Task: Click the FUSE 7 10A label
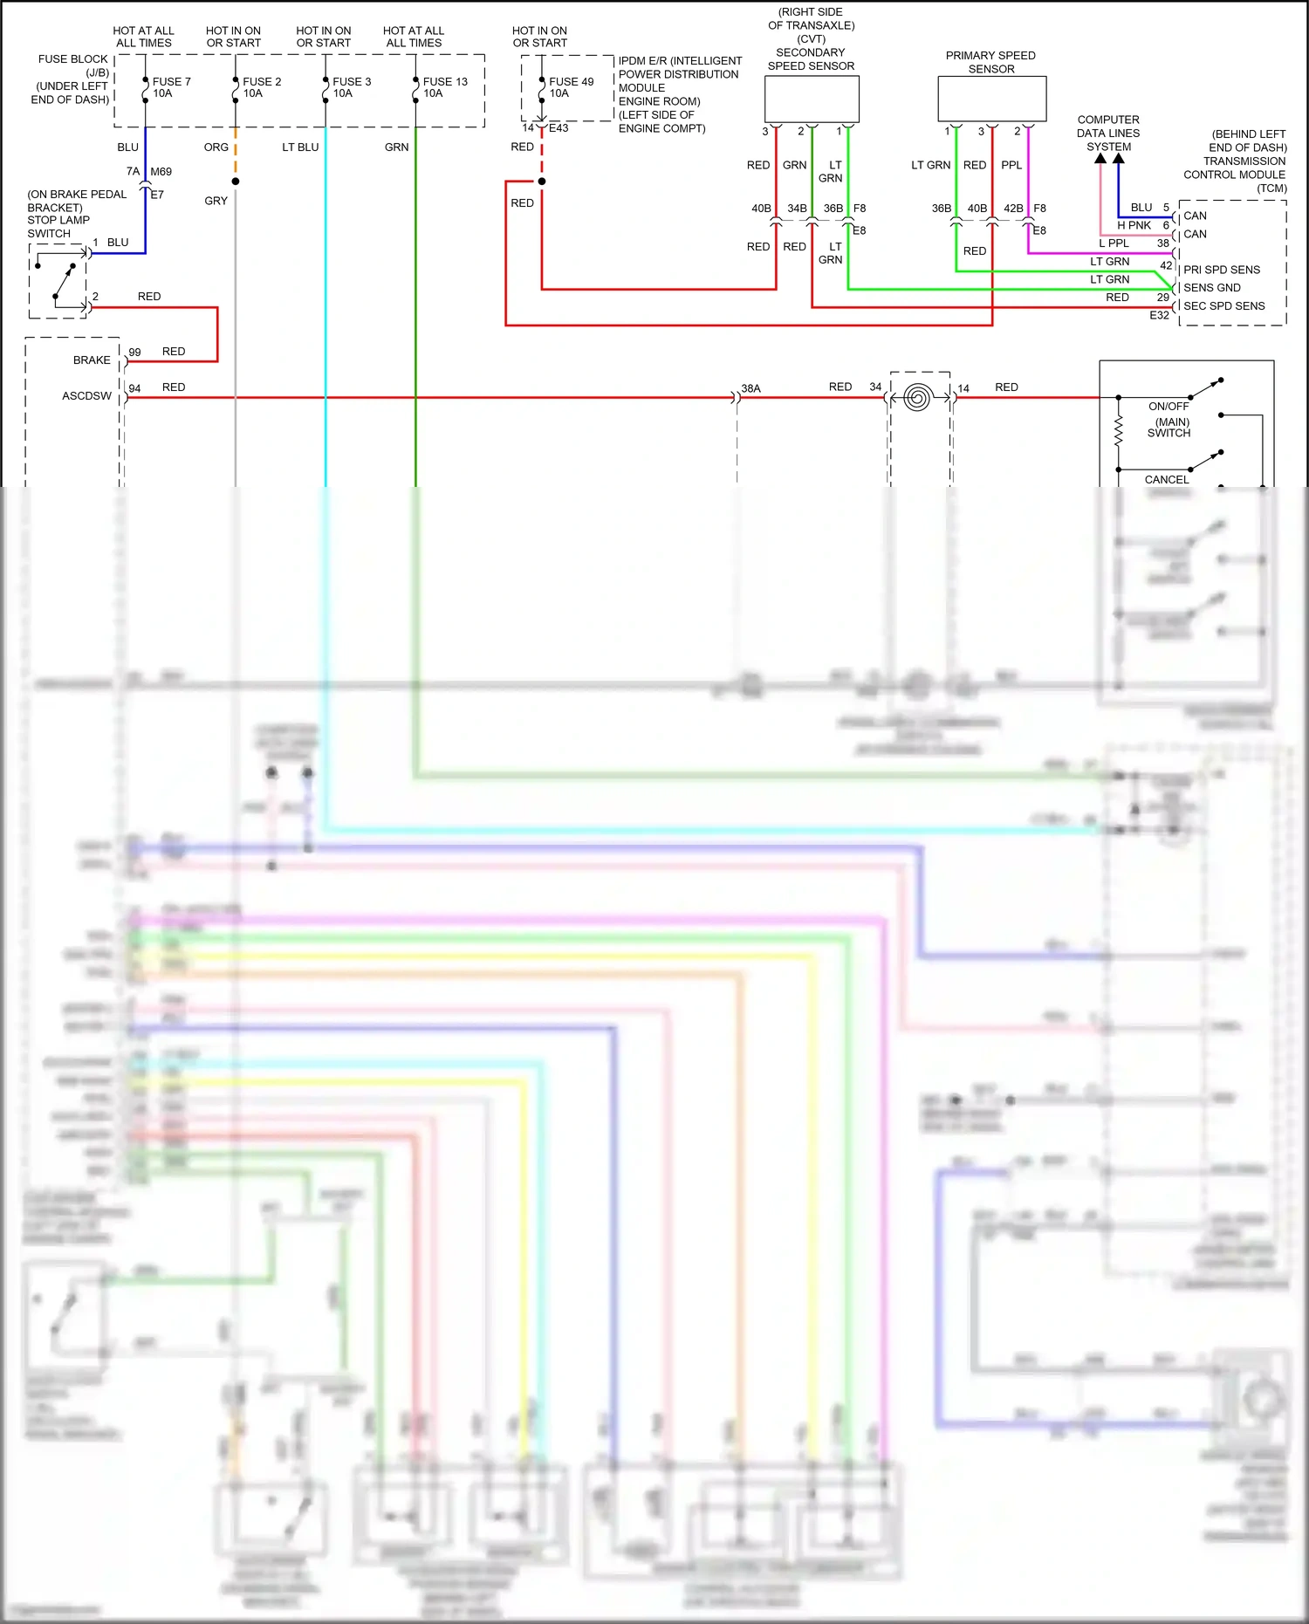[171, 87]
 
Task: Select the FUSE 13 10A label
[445, 87]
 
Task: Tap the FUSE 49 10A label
[571, 87]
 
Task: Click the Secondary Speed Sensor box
[812, 99]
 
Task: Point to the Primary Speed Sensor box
[991, 99]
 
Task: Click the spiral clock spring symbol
[916, 398]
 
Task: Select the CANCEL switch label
[1167, 480]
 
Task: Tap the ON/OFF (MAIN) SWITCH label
[1169, 420]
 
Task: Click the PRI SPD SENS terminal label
[1221, 270]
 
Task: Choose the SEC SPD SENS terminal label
[1223, 306]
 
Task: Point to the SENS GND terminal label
[1211, 288]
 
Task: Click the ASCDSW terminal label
[86, 396]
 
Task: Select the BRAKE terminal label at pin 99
[92, 360]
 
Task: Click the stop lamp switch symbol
[59, 281]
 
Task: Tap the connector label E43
[559, 128]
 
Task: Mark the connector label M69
[161, 172]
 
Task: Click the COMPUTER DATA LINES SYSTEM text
[1108, 134]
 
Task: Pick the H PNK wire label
[1134, 225]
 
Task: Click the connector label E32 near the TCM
[1159, 316]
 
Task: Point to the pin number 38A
[750, 388]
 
